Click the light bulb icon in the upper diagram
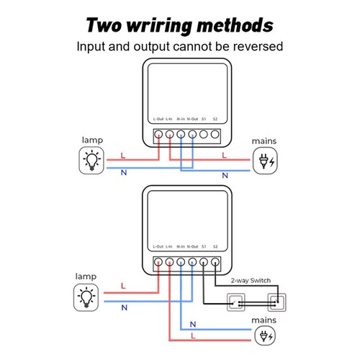[91, 160]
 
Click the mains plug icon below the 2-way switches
[265, 333]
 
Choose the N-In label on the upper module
[181, 117]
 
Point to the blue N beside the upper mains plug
[225, 175]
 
